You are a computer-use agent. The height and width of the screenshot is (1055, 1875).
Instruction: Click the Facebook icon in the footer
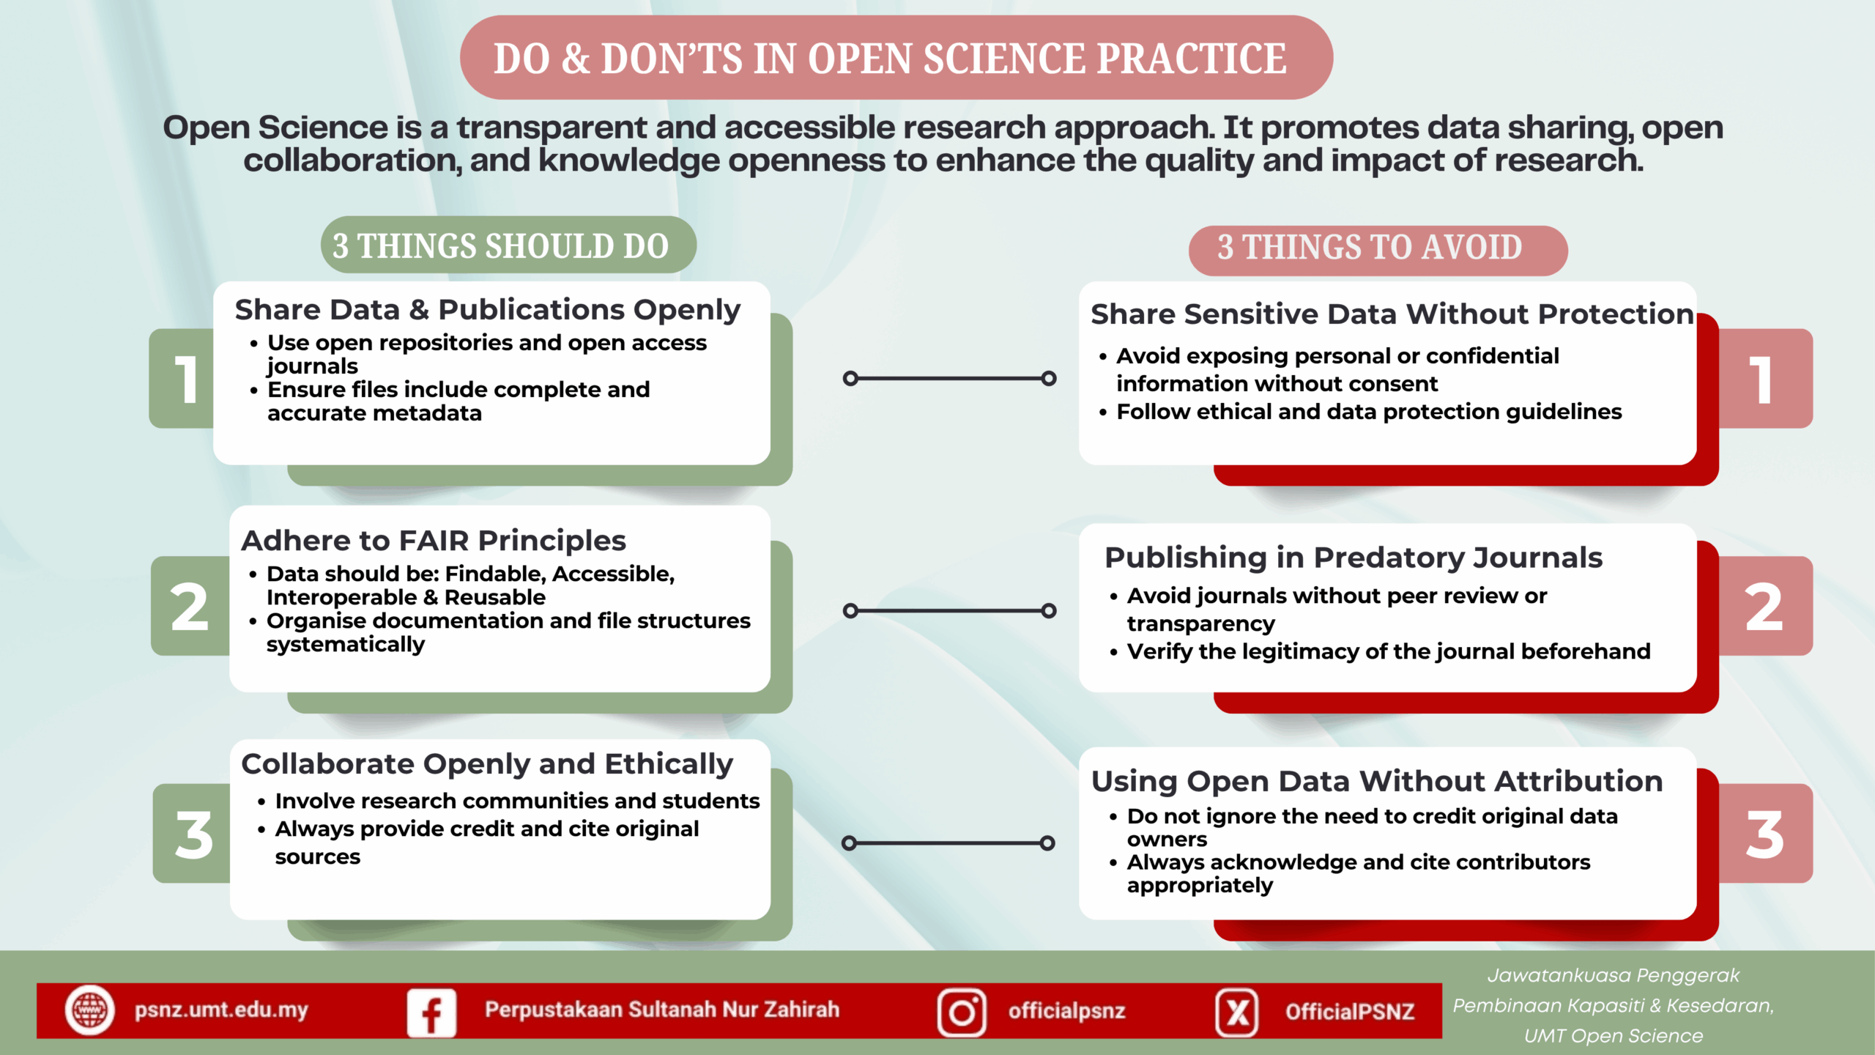431,1013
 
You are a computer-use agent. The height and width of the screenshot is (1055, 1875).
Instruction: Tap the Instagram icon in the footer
962,1013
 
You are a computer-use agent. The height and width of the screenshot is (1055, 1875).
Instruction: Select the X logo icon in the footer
1237,1013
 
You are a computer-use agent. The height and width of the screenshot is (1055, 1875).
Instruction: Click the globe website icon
89,1010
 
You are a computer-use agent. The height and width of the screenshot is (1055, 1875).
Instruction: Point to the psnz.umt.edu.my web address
221,1010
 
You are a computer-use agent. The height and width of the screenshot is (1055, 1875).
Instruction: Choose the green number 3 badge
192,834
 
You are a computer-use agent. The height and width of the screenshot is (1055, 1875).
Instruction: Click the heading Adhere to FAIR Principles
434,541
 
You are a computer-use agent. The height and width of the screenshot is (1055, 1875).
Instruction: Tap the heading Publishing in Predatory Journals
1354,558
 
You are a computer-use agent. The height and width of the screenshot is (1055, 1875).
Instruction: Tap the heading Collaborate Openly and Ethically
487,764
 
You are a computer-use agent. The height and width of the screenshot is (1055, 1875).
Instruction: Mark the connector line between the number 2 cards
949,610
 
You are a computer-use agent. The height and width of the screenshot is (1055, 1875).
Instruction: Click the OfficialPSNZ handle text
1350,1012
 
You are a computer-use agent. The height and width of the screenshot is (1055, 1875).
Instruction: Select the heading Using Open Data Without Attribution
1377,781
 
